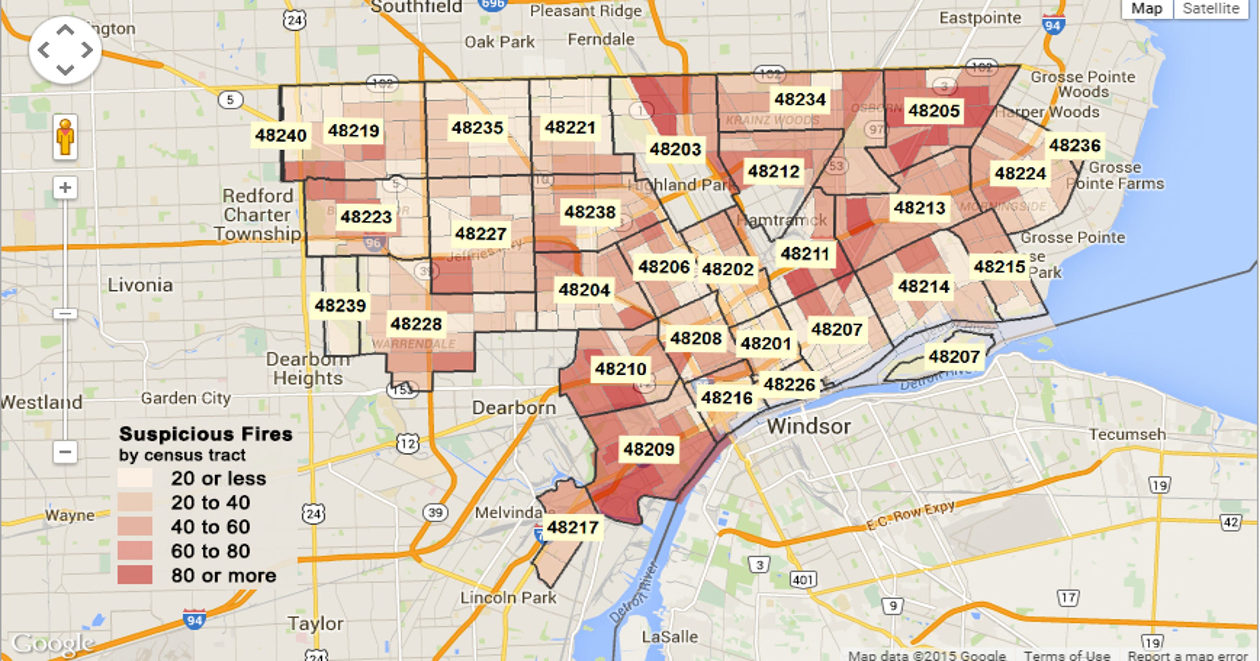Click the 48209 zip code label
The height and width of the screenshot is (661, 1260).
(649, 449)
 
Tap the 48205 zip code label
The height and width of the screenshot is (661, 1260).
(933, 111)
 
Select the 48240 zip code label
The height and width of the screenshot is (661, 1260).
(281, 135)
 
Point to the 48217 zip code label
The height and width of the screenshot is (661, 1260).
(572, 527)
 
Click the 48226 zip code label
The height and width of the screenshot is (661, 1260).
(789, 384)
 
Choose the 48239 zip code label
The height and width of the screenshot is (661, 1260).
(340, 306)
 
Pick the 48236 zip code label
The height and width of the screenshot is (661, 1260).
(1074, 145)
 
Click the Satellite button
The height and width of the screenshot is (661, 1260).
(1211, 9)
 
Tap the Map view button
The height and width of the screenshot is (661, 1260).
(1147, 9)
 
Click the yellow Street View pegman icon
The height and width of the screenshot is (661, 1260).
(65, 137)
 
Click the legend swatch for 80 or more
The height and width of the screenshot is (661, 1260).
(135, 575)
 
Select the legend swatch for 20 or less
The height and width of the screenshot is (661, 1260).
(135, 478)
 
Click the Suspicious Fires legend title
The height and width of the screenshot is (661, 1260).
(206, 434)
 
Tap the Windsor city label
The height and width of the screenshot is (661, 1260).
(808, 427)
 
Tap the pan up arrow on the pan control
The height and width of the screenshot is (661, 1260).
(65, 30)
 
